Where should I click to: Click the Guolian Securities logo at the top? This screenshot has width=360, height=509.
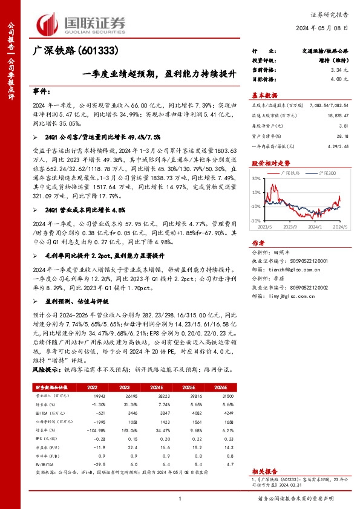(x=82, y=23)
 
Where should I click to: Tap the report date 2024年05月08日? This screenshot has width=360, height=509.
(x=324, y=28)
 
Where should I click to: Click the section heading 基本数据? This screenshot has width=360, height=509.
(x=264, y=95)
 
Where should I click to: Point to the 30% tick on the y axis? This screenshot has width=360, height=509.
(x=257, y=178)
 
